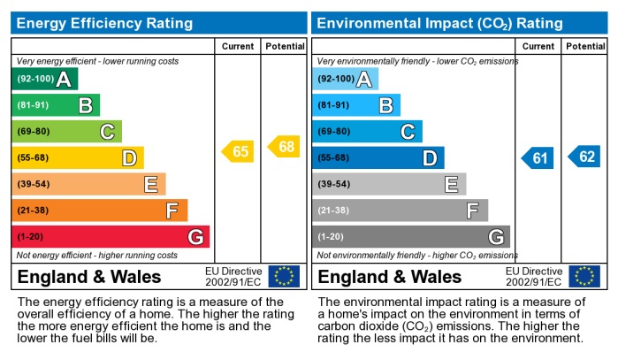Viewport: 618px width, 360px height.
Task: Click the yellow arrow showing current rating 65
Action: tap(238, 151)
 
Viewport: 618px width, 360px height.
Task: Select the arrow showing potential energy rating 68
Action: tap(284, 146)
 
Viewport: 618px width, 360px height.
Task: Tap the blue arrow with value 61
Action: tap(538, 158)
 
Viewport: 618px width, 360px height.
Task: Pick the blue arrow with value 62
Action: tap(584, 157)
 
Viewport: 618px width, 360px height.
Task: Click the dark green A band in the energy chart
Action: tap(44, 80)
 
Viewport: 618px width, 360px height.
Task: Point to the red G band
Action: tap(110, 237)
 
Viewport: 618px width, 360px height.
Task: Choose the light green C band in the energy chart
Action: tap(66, 132)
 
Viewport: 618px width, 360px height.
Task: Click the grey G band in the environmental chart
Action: tap(410, 237)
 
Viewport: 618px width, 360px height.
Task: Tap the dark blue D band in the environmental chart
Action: tap(378, 158)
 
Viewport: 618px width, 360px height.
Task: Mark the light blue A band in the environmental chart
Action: tap(345, 80)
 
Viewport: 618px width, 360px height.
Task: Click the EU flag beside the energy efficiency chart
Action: tap(284, 276)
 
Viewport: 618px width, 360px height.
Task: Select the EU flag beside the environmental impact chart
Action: tap(584, 276)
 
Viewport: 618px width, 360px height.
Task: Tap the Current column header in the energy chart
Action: tap(238, 46)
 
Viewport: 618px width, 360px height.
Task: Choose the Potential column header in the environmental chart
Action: tap(584, 46)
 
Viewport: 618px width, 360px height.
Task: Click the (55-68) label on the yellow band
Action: tap(34, 158)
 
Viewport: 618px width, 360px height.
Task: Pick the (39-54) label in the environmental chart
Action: tap(334, 185)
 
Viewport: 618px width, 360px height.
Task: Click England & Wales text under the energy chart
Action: tap(89, 277)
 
